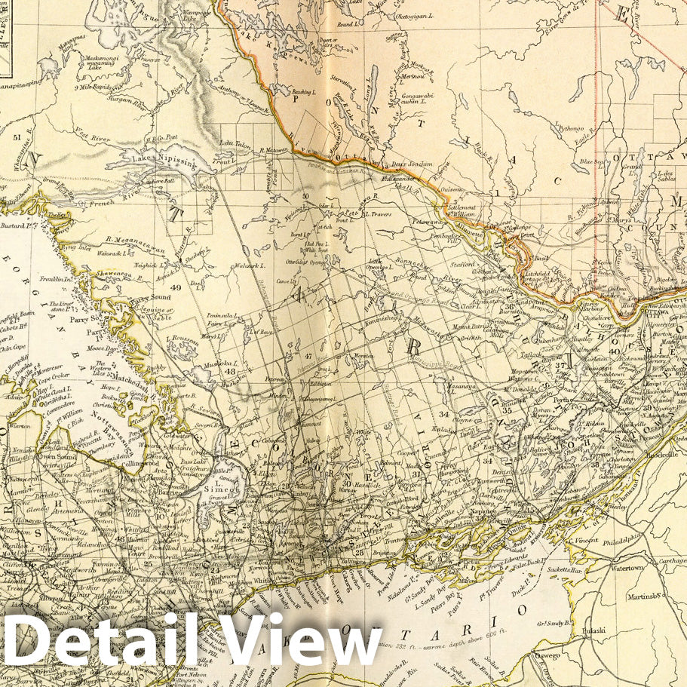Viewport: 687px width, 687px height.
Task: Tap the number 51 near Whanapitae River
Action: click(x=17, y=137)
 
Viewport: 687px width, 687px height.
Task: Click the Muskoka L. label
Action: click(x=224, y=363)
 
